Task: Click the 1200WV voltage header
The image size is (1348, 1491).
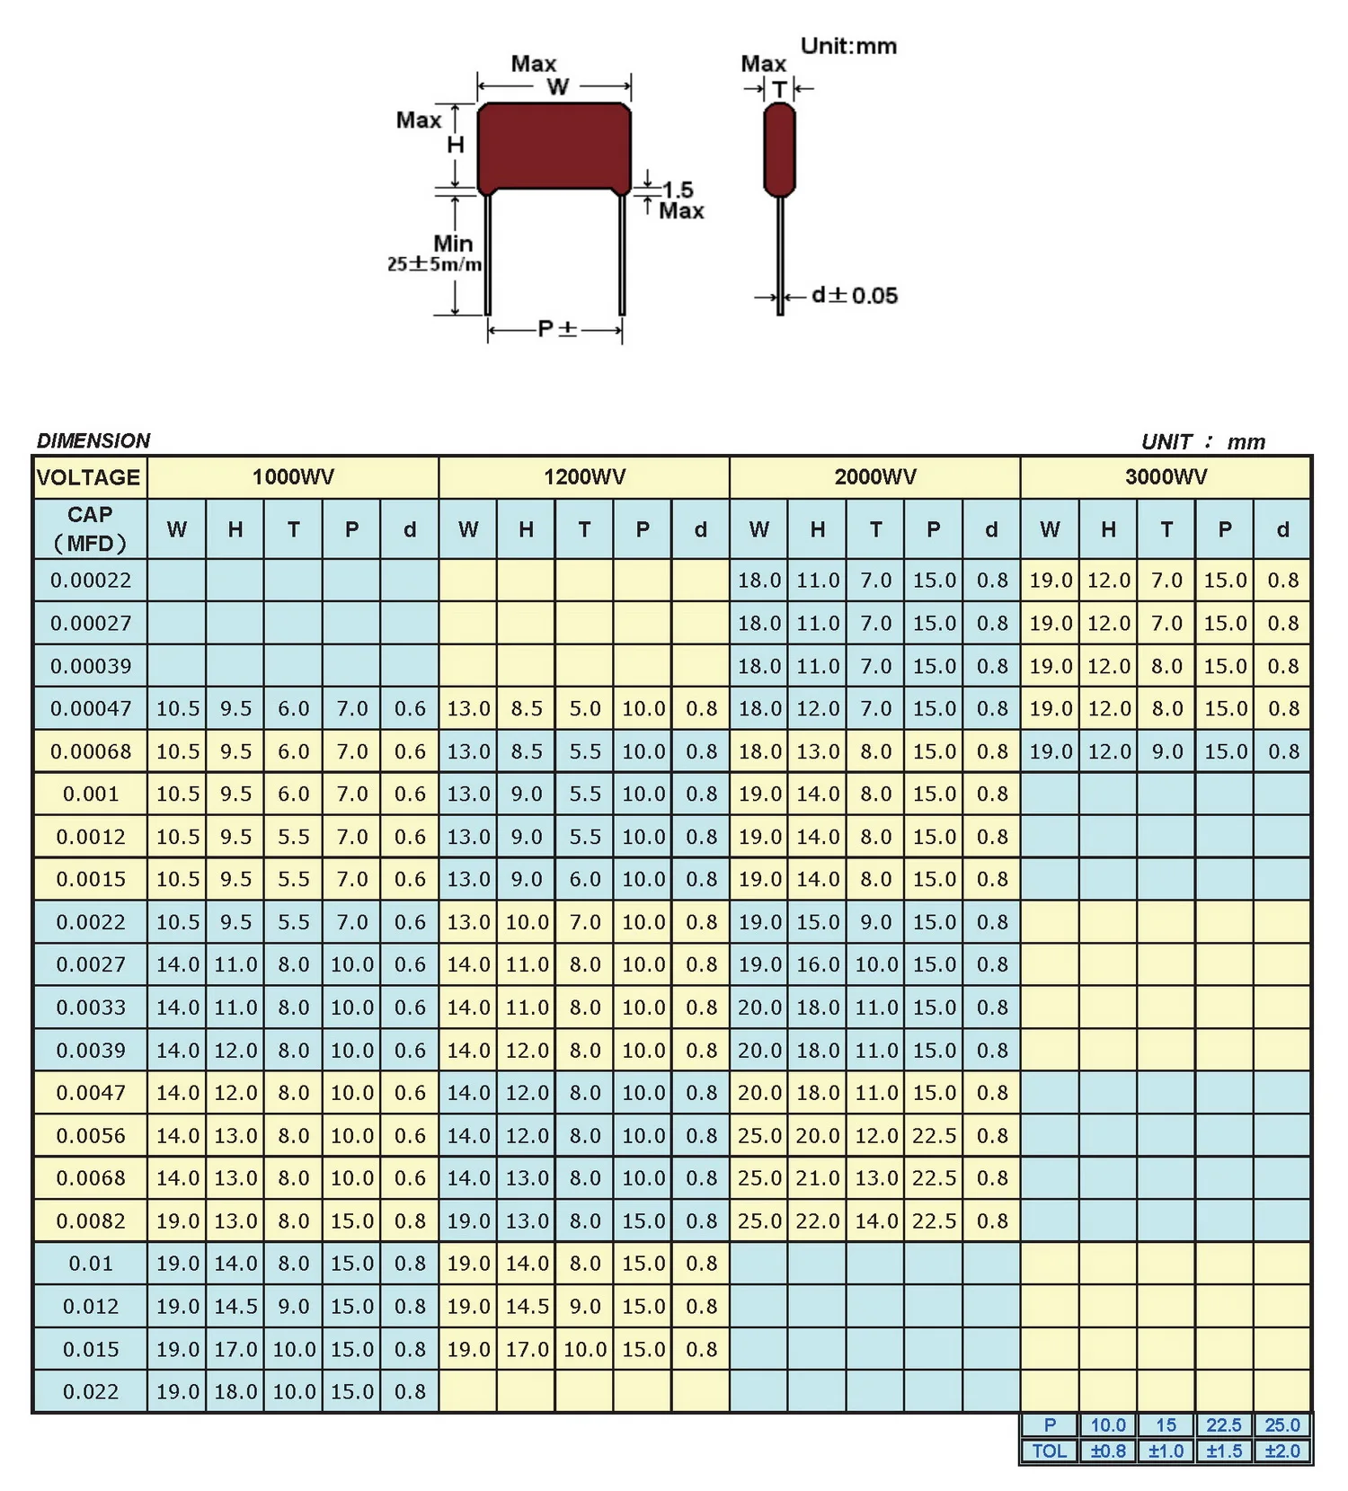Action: pyautogui.click(x=584, y=477)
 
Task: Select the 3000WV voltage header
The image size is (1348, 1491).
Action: pyautogui.click(x=1166, y=477)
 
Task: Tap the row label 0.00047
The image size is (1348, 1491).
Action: pyautogui.click(x=90, y=709)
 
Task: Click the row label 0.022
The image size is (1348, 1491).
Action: pyautogui.click(x=90, y=1392)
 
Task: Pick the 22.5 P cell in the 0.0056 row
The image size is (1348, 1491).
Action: pyautogui.click(x=934, y=1136)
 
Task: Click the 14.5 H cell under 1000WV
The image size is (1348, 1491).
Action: pyautogui.click(x=235, y=1307)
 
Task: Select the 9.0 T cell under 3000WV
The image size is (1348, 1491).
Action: pyautogui.click(x=1166, y=751)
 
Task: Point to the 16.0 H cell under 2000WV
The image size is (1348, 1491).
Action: pyautogui.click(x=817, y=965)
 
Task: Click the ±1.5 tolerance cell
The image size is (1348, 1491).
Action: pyautogui.click(x=1224, y=1451)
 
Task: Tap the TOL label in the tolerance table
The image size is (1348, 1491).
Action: pyautogui.click(x=1049, y=1451)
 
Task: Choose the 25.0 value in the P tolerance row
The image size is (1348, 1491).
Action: pyautogui.click(x=1282, y=1425)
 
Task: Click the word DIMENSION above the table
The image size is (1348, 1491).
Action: pyautogui.click(x=93, y=440)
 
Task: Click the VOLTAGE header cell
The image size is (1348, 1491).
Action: pyautogui.click(x=89, y=477)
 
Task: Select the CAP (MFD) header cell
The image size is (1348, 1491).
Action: pyautogui.click(x=90, y=529)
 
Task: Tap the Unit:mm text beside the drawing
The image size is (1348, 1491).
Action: pyautogui.click(x=848, y=46)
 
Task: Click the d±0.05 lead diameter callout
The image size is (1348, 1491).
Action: pyautogui.click(x=854, y=296)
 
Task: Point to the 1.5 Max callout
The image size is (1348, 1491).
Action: pyautogui.click(x=680, y=200)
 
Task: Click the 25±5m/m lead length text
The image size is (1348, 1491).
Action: pyautogui.click(x=435, y=264)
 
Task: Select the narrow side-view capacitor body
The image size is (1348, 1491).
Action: pyautogui.click(x=779, y=148)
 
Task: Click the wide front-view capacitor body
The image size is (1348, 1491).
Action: pyautogui.click(x=554, y=146)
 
